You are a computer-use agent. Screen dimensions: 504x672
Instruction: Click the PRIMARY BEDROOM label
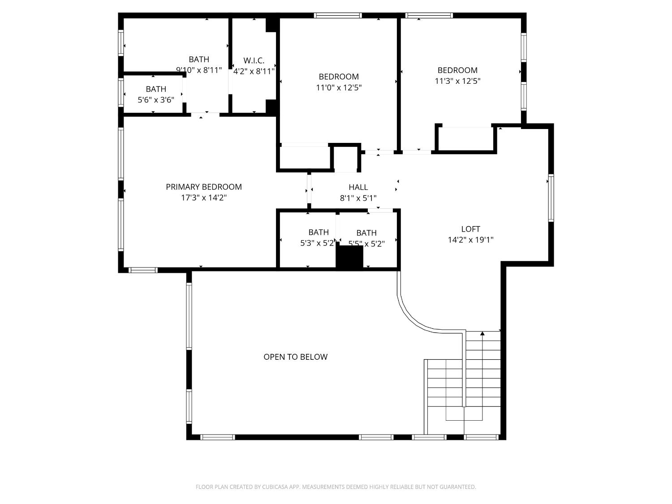click(x=204, y=187)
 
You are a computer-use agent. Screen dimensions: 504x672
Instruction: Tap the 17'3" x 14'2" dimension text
click(x=204, y=198)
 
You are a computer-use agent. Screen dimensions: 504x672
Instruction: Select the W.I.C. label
click(x=254, y=60)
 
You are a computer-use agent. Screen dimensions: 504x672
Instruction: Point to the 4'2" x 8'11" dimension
click(x=254, y=71)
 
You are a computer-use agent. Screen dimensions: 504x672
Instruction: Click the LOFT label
click(x=470, y=229)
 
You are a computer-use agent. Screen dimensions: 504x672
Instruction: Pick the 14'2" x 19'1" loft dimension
click(x=470, y=240)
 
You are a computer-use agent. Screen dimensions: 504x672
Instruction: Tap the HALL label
click(x=358, y=187)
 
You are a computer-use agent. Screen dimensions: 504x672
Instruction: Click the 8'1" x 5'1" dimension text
click(x=358, y=198)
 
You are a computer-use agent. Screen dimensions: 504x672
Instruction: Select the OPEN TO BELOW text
click(x=295, y=357)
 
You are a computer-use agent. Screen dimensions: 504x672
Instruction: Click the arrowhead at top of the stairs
click(x=482, y=333)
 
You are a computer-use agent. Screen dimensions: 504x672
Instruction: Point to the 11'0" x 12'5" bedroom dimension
click(x=339, y=87)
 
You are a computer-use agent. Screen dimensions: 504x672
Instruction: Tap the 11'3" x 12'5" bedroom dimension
click(x=457, y=81)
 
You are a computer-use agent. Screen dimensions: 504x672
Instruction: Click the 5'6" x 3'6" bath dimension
click(x=156, y=99)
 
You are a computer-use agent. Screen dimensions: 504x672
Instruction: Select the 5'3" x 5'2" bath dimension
click(x=317, y=243)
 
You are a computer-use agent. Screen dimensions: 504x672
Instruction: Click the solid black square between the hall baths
click(x=349, y=258)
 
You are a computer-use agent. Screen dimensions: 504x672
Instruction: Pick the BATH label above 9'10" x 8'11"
click(x=198, y=59)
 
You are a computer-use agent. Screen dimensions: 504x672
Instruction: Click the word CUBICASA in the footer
click(x=274, y=487)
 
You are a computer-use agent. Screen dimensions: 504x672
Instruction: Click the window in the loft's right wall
click(x=551, y=198)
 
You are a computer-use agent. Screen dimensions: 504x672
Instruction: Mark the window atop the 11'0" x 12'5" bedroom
click(x=338, y=15)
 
